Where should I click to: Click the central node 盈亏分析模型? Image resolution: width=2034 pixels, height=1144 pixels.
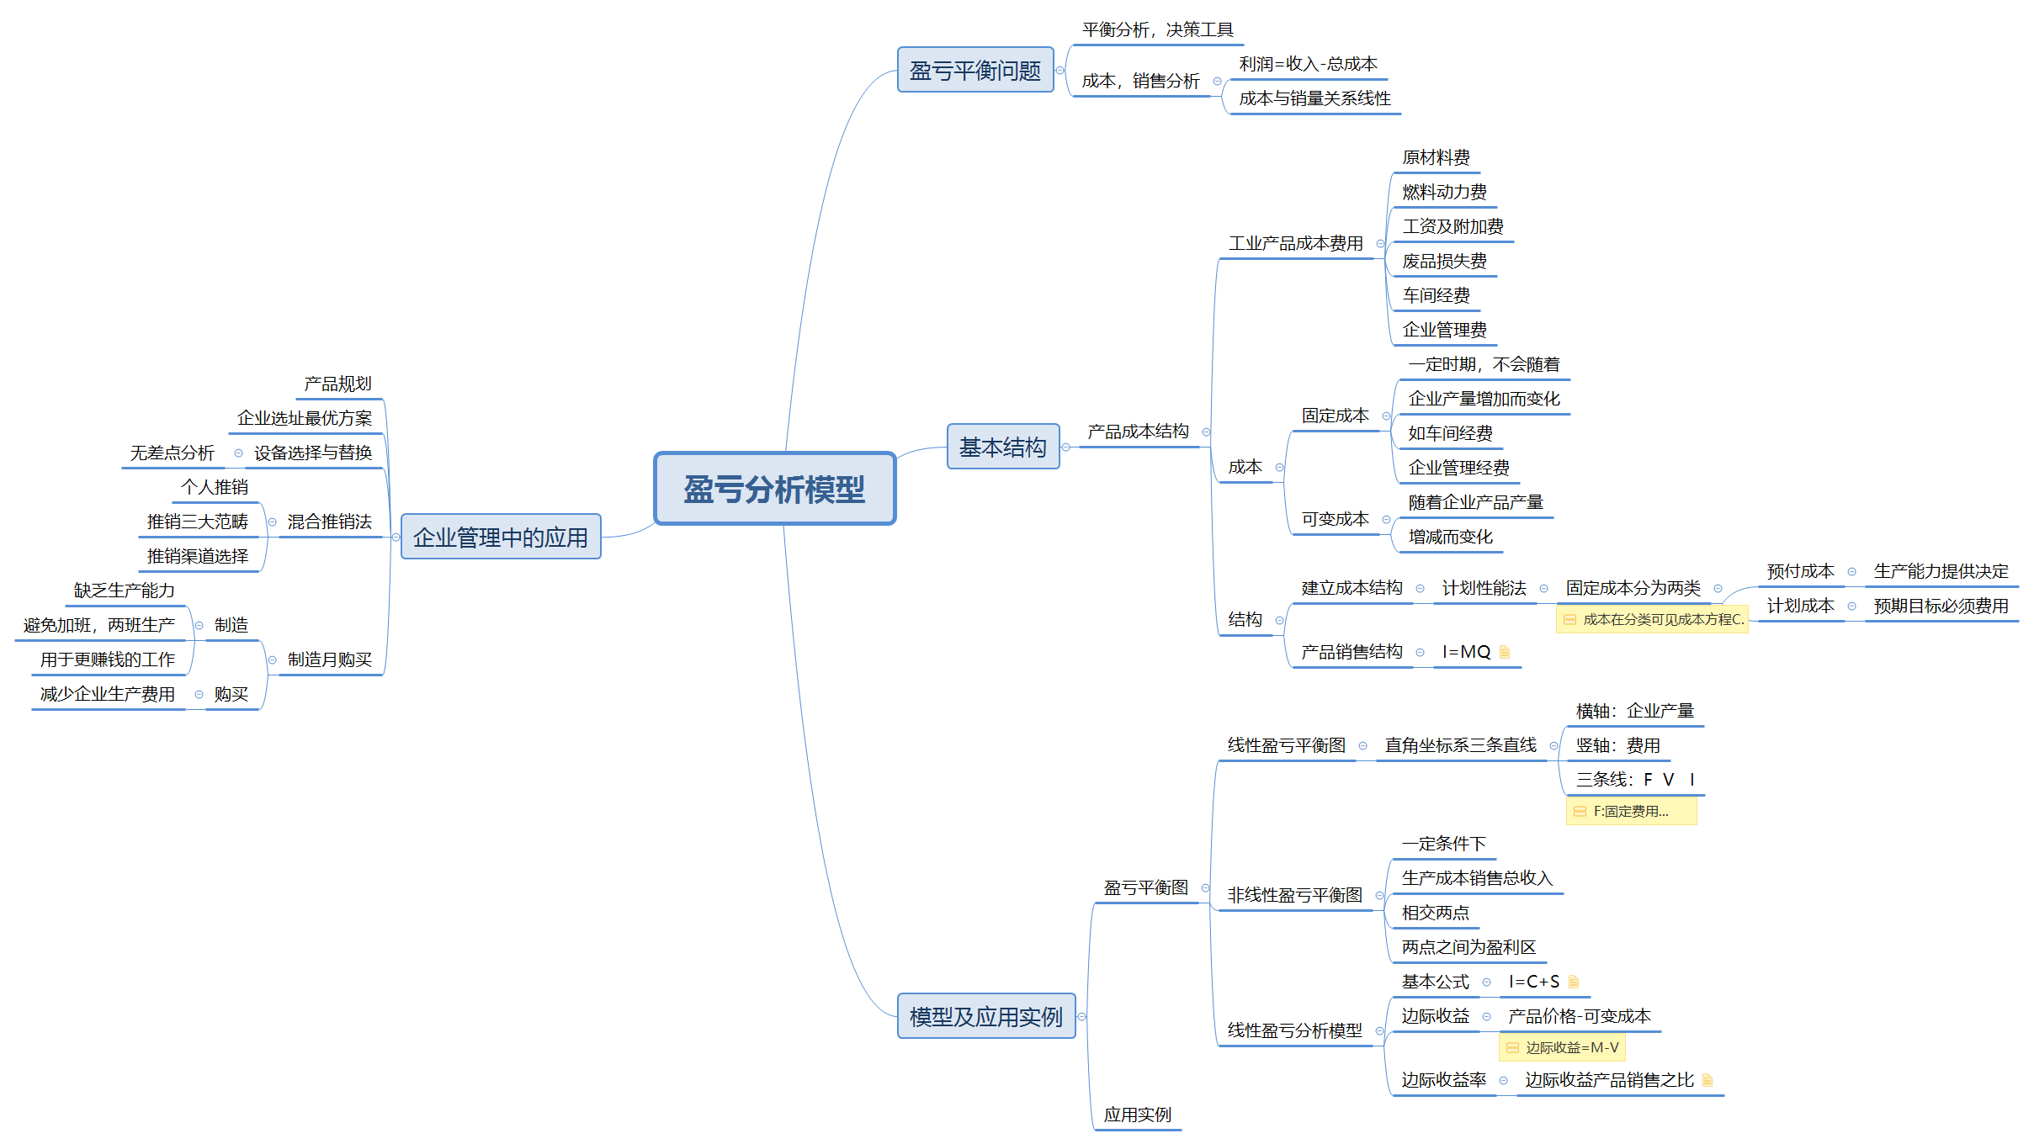tap(774, 489)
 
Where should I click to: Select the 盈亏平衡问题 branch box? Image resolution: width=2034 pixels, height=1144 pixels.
tap(975, 70)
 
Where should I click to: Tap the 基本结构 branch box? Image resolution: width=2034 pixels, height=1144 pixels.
tap(1002, 447)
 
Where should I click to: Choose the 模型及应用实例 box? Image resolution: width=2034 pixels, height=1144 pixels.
tap(986, 1016)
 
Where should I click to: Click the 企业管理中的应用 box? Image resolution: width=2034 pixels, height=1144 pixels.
tap(501, 537)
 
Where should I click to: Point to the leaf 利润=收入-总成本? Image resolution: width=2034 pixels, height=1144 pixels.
tap(1308, 64)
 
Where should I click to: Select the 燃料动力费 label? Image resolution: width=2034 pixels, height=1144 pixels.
tap(1444, 192)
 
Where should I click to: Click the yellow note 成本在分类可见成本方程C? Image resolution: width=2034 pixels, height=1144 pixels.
tap(1653, 620)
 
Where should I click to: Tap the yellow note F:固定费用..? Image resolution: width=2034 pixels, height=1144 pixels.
tap(1631, 812)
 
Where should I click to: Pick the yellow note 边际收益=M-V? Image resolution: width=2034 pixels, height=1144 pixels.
tap(1563, 1048)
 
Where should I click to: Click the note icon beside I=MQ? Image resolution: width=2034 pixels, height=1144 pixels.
tap(1505, 652)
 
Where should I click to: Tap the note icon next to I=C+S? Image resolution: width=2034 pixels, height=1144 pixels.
tap(1574, 982)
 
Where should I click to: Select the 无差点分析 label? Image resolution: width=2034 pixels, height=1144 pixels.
tap(172, 453)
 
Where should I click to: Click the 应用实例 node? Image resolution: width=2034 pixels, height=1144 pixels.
tap(1137, 1115)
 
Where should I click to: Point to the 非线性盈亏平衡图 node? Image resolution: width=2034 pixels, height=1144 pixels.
tap(1294, 895)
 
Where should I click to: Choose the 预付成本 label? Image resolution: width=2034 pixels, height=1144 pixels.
tap(1800, 571)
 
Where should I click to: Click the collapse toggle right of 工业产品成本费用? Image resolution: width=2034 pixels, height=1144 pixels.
tap(1380, 244)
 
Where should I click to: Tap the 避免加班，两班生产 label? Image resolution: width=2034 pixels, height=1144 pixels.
tap(99, 625)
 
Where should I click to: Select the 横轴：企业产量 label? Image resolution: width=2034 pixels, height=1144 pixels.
tap(1634, 711)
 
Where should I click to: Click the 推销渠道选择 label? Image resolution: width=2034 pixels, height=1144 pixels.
tap(198, 556)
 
